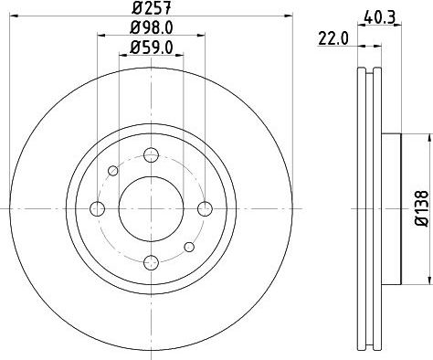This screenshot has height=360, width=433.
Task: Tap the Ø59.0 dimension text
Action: [151, 48]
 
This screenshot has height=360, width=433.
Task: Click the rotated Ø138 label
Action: [422, 208]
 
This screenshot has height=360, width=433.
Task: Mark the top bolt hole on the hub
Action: [152, 154]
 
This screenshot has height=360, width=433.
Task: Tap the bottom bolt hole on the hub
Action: [152, 263]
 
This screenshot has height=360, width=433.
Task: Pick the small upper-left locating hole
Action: [113, 170]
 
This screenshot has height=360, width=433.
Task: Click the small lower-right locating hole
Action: [190, 247]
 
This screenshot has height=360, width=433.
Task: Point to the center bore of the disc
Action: [152, 208]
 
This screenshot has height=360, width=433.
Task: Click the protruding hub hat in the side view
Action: [390, 208]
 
